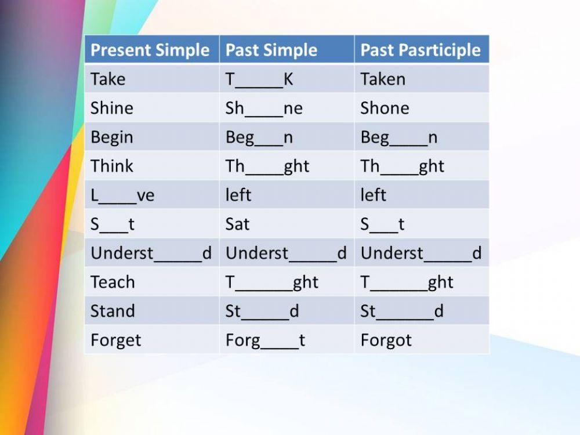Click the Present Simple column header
point(150,50)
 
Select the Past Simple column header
point(271,50)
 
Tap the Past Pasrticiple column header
point(420,50)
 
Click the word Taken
point(383,79)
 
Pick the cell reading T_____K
point(259,79)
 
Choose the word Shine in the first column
point(112,108)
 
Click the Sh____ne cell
point(264,108)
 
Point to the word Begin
point(112,137)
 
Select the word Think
point(112,166)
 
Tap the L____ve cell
point(122,195)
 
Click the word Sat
point(237,224)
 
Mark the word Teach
point(113,282)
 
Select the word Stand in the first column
point(113,311)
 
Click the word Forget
point(115,340)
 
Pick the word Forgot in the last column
point(386,340)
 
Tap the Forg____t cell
point(265,340)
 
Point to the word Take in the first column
point(108,79)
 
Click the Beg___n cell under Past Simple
point(259,137)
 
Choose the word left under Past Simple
point(238,195)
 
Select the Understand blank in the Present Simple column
point(151,253)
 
